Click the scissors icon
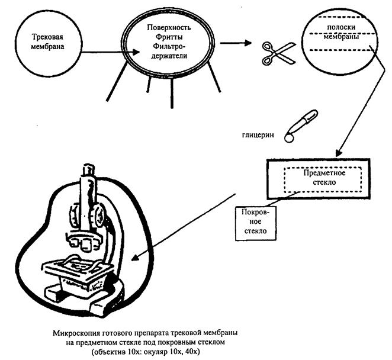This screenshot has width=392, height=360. pyautogui.click(x=272, y=53)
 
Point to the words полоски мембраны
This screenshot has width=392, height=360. pyautogui.click(x=340, y=32)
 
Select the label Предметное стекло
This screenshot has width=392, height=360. pyautogui.click(x=320, y=178)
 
